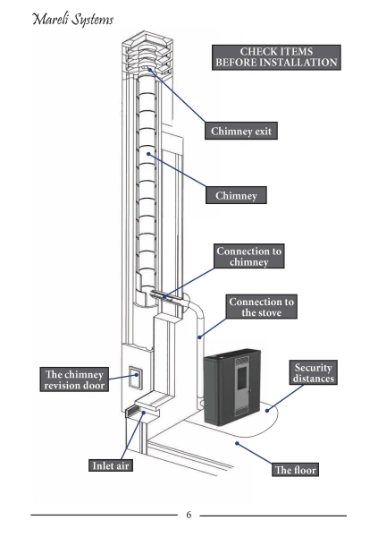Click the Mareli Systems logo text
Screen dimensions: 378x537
[x=73, y=19]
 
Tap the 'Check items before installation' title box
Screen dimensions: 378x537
[x=276, y=57]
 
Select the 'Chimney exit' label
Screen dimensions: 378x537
[x=241, y=131]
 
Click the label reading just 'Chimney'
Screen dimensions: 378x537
[x=236, y=195]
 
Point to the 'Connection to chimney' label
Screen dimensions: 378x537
[x=249, y=256]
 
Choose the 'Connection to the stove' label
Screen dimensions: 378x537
[x=261, y=307]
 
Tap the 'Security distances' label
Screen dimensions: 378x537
[x=314, y=372]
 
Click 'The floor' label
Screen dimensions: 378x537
[x=296, y=470]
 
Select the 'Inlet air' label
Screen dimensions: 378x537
[x=111, y=465]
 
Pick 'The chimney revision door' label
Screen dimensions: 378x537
[x=74, y=379]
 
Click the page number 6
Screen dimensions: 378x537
[x=189, y=515]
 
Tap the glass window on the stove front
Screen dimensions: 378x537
[x=242, y=378]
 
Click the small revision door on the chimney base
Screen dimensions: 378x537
[x=136, y=377]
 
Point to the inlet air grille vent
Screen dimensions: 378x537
[x=133, y=410]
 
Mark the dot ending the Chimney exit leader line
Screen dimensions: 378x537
[x=150, y=70]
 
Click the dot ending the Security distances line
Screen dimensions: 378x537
[x=267, y=410]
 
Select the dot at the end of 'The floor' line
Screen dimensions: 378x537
[x=237, y=444]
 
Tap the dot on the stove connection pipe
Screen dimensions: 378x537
[x=200, y=337]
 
